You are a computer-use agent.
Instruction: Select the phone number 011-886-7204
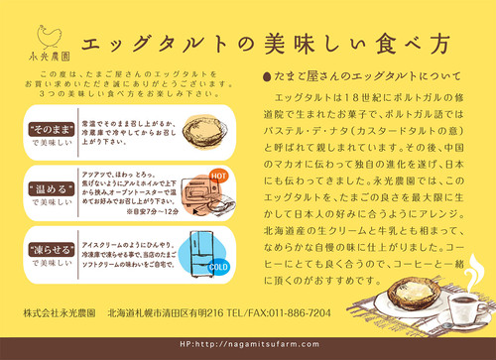[x=295, y=311]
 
